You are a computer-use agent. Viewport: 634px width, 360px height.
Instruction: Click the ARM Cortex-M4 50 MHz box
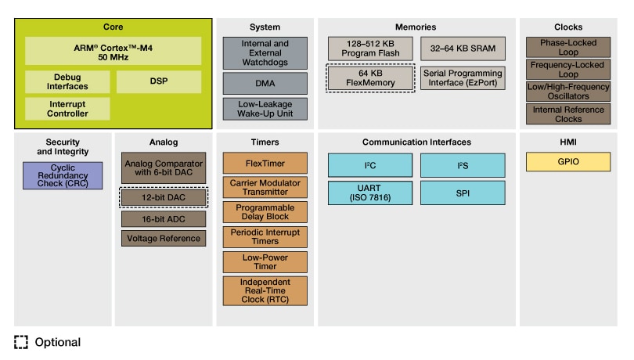(113, 51)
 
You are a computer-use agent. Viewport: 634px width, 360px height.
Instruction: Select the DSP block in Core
(159, 82)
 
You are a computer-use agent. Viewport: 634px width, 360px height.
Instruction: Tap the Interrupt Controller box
(67, 109)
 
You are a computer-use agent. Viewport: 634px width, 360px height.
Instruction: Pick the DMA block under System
(265, 83)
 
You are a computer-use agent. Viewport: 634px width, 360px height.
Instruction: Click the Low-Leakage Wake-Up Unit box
(265, 109)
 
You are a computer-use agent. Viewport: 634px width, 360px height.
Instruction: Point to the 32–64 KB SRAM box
(463, 49)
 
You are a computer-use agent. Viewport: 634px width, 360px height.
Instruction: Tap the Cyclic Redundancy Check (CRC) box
(63, 175)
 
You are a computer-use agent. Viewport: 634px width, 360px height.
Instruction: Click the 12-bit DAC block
(164, 196)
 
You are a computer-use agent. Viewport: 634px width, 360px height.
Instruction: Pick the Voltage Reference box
(164, 238)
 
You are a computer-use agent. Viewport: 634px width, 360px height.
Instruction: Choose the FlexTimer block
(265, 163)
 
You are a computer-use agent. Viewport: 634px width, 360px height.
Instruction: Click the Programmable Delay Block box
(265, 212)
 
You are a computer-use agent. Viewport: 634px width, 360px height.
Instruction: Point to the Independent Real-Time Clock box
(265, 290)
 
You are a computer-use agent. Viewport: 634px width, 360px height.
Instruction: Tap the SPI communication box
(463, 193)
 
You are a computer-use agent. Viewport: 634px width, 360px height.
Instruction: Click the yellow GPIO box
(568, 162)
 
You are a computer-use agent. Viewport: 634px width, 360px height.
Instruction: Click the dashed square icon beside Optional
(21, 342)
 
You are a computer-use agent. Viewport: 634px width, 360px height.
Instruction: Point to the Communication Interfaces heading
(416, 142)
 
